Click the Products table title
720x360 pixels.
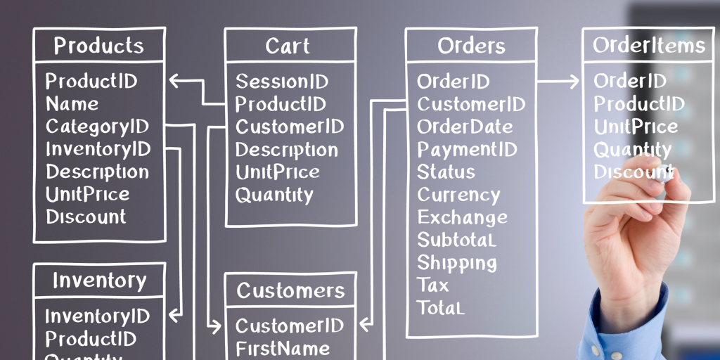pos(99,46)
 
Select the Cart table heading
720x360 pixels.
pos(287,46)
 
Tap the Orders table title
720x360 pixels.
pos(471,46)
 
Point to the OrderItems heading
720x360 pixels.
pos(648,45)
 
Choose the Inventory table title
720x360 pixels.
pos(99,281)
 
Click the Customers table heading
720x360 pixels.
pos(290,290)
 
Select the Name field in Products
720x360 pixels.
pos(72,104)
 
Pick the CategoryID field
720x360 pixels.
pos(98,127)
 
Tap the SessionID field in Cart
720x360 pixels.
pos(282,82)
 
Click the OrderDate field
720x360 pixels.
pos(465,127)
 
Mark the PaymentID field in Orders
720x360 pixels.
pos(467,150)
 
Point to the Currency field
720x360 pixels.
pos(458,195)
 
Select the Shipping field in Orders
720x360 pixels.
pos(457,263)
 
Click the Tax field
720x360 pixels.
pos(432,285)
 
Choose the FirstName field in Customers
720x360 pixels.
pos(283,348)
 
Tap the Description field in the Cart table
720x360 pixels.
pos(286,150)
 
